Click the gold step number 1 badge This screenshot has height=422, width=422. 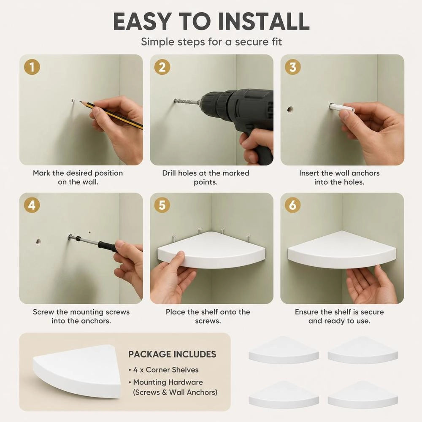(32, 67)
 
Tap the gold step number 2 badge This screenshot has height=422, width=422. (162, 67)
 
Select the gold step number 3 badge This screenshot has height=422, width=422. (292, 67)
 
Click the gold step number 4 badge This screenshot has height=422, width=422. (32, 206)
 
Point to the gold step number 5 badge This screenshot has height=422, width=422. (162, 206)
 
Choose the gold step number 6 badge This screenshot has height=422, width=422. (292, 206)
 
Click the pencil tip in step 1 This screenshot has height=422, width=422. (80, 102)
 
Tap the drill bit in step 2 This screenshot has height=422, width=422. (187, 102)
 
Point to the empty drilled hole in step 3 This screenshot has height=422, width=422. (289, 110)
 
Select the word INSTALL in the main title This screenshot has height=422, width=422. (264, 21)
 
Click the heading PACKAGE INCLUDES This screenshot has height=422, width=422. (172, 354)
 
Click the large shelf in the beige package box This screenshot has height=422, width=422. (77, 371)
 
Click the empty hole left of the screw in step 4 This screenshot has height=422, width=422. (38, 242)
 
